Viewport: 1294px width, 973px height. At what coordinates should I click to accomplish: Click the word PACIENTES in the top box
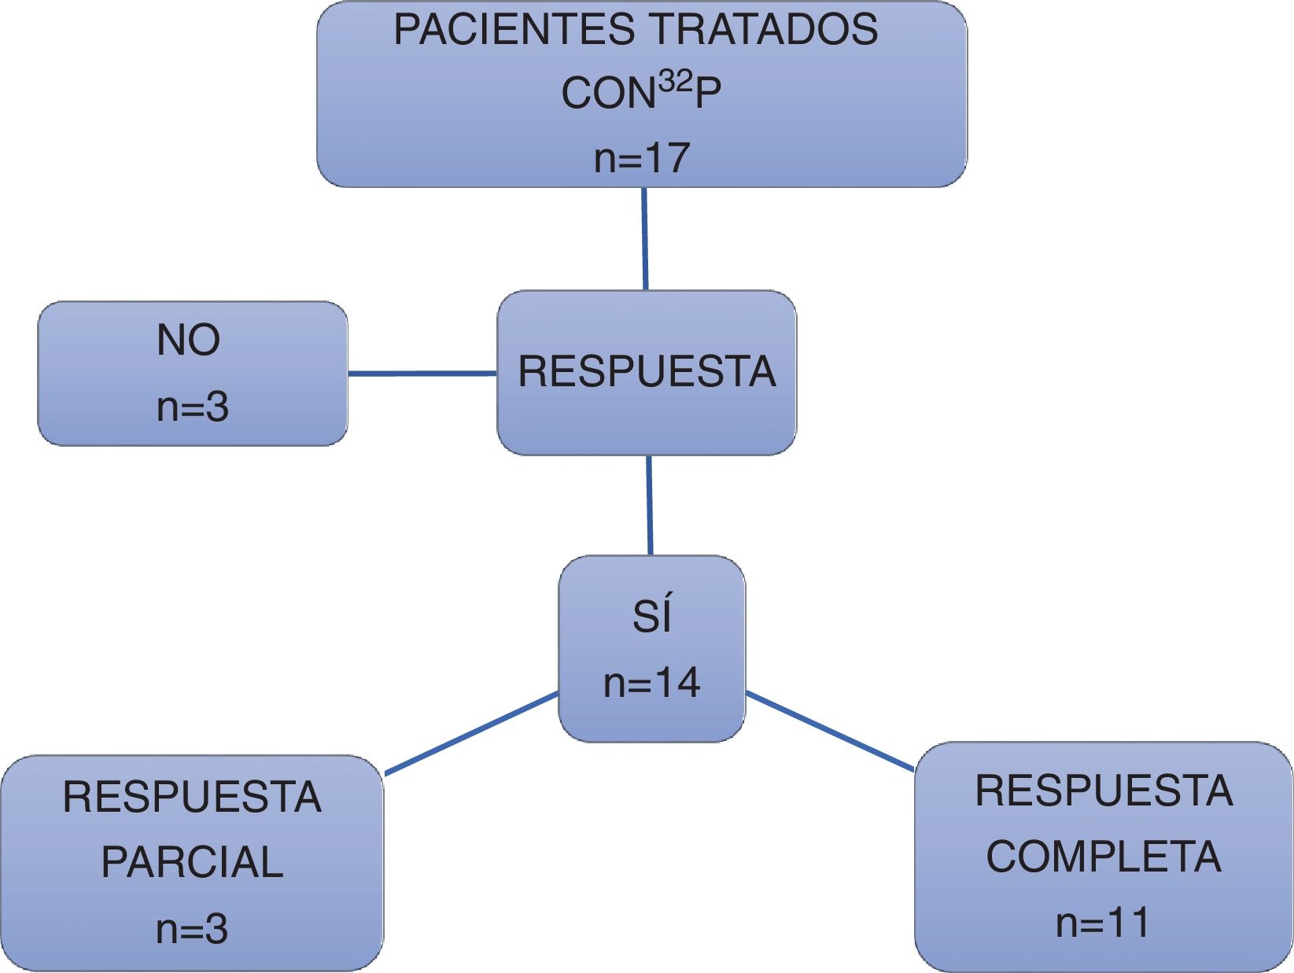tap(514, 31)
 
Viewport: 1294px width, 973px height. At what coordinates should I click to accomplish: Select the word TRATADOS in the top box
tap(763, 31)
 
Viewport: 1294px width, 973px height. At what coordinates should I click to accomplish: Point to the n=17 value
tap(642, 157)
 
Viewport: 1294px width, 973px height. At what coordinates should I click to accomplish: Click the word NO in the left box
tap(189, 340)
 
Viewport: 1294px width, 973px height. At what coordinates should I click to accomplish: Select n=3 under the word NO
tap(193, 407)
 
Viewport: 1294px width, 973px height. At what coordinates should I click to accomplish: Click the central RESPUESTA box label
tap(647, 372)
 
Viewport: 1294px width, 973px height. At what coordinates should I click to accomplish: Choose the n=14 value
tap(651, 683)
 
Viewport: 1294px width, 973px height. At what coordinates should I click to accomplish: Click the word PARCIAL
tap(192, 862)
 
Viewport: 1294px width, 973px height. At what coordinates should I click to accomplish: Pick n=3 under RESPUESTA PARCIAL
tap(192, 929)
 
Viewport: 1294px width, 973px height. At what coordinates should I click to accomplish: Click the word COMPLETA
tap(1104, 857)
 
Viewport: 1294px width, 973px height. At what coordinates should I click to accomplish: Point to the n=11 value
tap(1103, 923)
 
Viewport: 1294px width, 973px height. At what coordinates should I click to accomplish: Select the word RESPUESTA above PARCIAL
tap(192, 797)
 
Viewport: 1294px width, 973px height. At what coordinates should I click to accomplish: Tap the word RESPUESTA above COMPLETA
tap(1104, 791)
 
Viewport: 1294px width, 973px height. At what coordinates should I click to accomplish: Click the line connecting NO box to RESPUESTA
tap(422, 374)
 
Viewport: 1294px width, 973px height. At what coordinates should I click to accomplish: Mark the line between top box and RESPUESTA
tap(645, 238)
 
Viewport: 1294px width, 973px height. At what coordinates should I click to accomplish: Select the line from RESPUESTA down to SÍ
tap(650, 505)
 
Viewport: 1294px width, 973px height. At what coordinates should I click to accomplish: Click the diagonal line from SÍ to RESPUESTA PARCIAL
tap(471, 733)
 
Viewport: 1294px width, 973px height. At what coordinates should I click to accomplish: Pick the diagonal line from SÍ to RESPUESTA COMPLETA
tap(829, 731)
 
